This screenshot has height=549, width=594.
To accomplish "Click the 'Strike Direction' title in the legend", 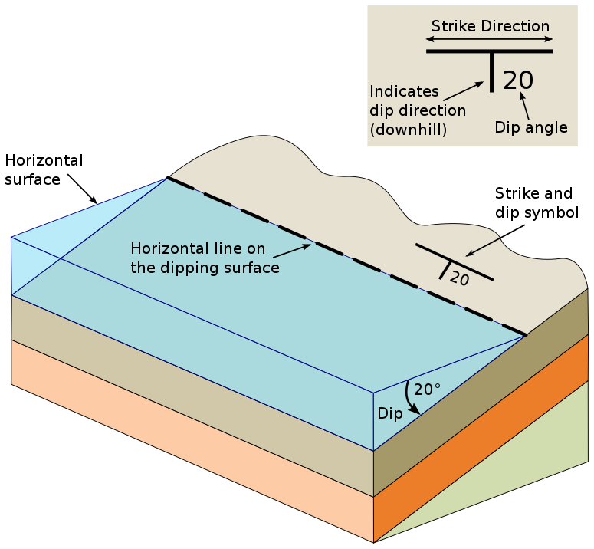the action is pyautogui.click(x=491, y=26).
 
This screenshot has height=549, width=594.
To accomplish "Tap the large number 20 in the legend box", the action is pyautogui.click(x=518, y=81).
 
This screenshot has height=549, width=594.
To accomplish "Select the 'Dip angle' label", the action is pyautogui.click(x=531, y=127).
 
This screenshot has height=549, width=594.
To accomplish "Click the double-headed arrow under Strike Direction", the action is pyautogui.click(x=489, y=38).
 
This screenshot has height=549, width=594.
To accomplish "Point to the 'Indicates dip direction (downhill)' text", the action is pyautogui.click(x=418, y=110).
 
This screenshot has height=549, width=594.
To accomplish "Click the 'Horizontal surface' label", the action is pyautogui.click(x=44, y=169).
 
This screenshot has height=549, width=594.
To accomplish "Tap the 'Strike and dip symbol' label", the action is pyautogui.click(x=537, y=202).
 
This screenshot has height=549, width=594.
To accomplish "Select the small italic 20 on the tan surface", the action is pyautogui.click(x=460, y=278).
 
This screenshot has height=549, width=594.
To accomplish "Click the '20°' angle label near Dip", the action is pyautogui.click(x=427, y=390).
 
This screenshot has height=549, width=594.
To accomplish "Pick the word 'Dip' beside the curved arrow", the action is pyautogui.click(x=390, y=413).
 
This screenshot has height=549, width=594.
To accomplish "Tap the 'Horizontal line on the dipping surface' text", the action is pyautogui.click(x=205, y=258).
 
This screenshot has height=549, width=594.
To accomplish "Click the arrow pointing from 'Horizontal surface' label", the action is pyautogui.click(x=82, y=189).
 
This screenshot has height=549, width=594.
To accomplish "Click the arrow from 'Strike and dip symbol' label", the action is pyautogui.click(x=495, y=240).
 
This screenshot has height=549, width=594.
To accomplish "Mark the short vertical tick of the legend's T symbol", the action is pyautogui.click(x=492, y=72).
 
